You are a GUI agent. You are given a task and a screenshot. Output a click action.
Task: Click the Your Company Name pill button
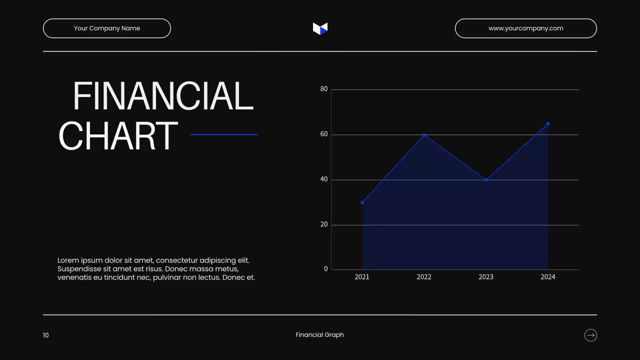[107, 28]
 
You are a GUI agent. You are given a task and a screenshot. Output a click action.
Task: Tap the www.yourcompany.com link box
[525, 28]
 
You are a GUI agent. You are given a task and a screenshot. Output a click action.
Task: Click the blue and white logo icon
[320, 28]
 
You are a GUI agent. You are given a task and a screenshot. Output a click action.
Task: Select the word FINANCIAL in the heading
[163, 96]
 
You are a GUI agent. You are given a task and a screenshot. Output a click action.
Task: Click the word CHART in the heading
[118, 135]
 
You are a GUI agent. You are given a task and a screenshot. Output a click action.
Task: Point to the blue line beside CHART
[224, 134]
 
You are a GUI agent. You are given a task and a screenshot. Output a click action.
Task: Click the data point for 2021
[362, 202]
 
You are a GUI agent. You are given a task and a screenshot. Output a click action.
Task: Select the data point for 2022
[424, 135]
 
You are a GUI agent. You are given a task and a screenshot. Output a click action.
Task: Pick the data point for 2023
[486, 180]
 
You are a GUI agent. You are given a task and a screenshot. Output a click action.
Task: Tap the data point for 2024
[548, 123]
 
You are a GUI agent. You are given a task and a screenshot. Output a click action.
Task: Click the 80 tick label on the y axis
[324, 89]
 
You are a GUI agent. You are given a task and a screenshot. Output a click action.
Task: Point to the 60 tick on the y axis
[324, 134]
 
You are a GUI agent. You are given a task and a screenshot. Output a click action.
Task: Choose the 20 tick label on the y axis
[324, 224]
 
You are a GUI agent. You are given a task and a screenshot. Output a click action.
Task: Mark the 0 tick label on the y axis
[326, 269]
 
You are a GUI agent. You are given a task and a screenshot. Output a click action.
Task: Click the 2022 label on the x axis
[424, 277]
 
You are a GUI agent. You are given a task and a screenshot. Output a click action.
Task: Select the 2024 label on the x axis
[548, 277]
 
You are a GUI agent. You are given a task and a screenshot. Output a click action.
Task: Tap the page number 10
[46, 335]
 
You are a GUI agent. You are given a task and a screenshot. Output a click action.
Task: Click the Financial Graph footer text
[320, 335]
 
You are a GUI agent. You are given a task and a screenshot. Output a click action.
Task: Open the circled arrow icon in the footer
[590, 335]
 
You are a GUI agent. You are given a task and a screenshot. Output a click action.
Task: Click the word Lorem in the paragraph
[68, 260]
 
